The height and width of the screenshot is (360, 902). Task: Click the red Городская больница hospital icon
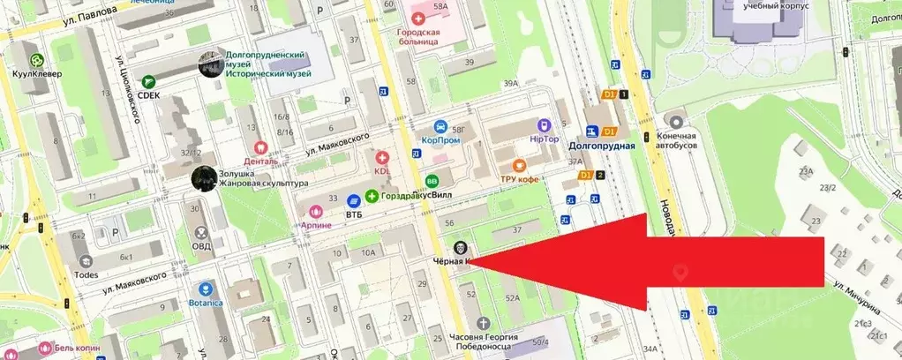pos(418,19)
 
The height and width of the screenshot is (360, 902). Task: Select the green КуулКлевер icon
pos(36,60)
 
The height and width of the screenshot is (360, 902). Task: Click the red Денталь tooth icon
pos(260,148)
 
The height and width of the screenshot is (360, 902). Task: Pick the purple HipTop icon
pos(544,127)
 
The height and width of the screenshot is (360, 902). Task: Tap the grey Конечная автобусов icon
pos(677,122)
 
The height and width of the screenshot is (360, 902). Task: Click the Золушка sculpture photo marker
pos(204,178)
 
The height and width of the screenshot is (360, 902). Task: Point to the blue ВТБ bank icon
pos(354,200)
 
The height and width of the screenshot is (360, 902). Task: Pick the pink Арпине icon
pos(316,212)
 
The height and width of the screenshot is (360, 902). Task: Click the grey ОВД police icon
pos(200,233)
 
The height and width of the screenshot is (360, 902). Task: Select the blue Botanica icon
pos(206,289)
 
